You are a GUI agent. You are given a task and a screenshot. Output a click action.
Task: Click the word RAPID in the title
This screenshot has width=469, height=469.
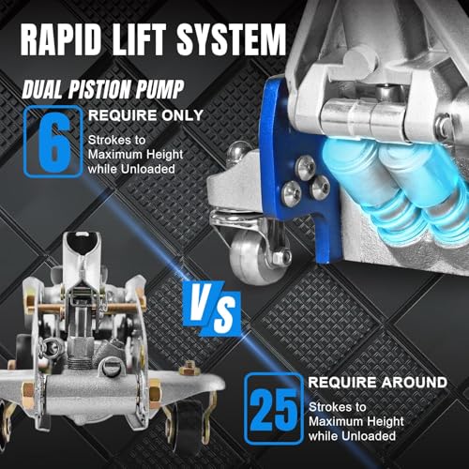pos(61,39)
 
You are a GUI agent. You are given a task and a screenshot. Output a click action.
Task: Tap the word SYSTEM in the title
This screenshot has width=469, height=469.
pos(232,39)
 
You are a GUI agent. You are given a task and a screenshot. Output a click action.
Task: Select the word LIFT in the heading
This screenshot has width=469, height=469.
pos(139,39)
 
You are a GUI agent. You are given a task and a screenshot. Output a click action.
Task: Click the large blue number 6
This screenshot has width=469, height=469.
pos(53,143)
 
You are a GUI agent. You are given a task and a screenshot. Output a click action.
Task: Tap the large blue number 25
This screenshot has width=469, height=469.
pos(274,409)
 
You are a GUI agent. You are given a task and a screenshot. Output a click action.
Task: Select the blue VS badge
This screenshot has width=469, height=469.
pos(213,308)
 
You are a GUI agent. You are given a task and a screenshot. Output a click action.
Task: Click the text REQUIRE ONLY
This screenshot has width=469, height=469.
pos(145,115)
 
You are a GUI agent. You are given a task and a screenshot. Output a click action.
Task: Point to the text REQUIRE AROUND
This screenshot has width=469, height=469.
pos(378,382)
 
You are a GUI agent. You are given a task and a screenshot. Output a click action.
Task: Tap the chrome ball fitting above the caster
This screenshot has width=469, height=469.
pos(237,151)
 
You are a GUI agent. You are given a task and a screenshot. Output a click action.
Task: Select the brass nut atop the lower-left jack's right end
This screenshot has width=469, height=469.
pos(189,369)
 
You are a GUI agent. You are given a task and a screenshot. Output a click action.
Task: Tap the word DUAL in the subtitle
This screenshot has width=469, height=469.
pos(44,89)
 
